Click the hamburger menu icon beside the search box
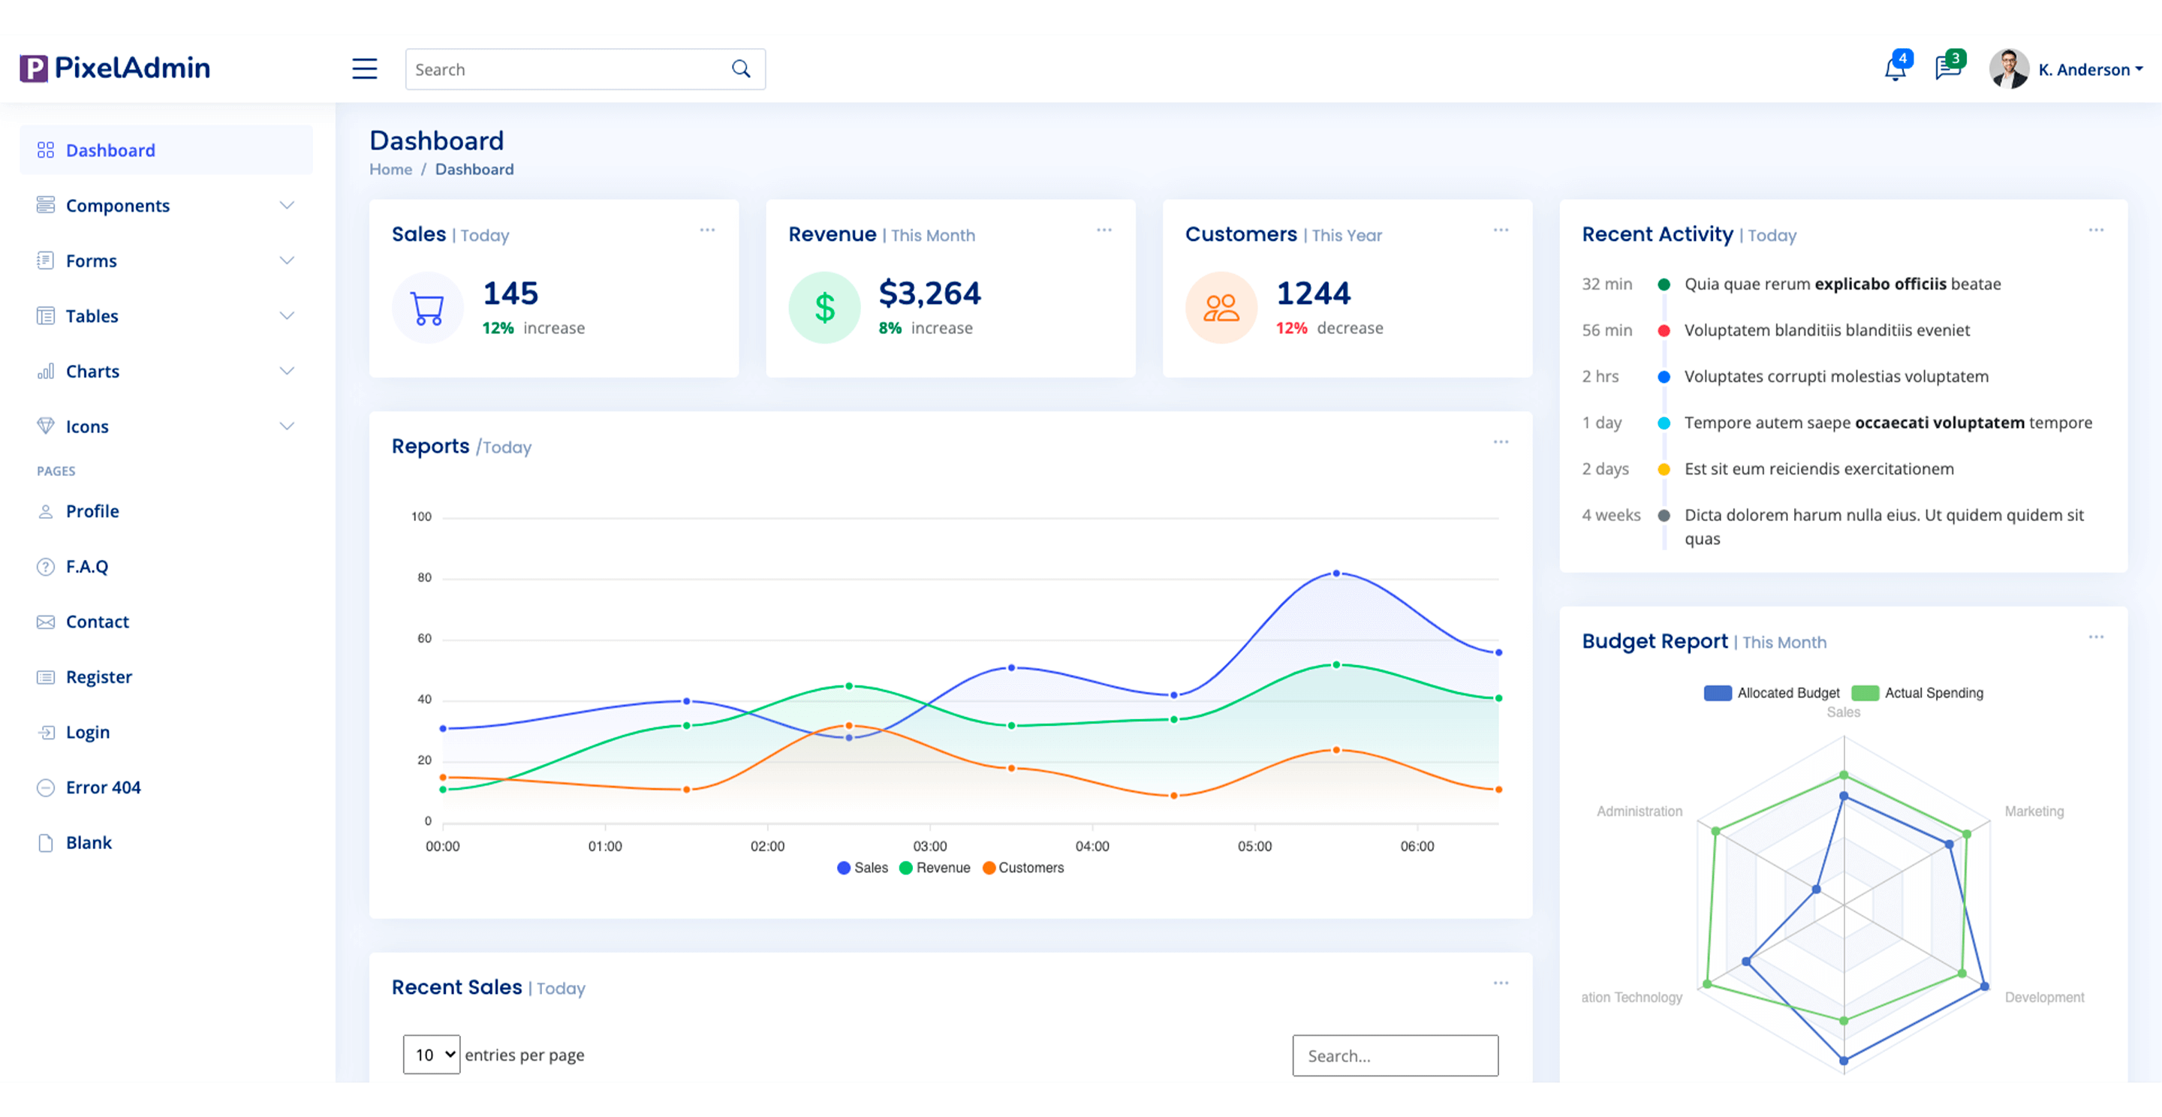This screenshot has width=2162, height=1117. coord(364,69)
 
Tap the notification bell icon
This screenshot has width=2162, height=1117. coord(1894,69)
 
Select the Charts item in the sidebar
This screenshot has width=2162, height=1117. coord(92,371)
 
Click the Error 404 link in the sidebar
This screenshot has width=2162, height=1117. coord(104,787)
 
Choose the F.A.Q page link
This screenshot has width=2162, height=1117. coord(87,567)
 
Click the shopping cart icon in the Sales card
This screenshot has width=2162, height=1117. coord(427,308)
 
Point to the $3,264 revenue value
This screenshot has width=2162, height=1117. coord(929,293)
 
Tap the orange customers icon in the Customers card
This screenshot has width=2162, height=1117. coord(1221,308)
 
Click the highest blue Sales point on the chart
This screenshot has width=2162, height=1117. coord(1336,574)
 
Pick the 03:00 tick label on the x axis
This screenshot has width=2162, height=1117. coord(930,846)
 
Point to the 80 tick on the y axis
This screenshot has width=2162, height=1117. coord(425,577)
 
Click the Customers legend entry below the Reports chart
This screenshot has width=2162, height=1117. coord(1023,868)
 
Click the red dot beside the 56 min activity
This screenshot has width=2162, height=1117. coord(1664,330)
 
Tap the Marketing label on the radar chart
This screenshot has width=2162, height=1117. coord(2034,811)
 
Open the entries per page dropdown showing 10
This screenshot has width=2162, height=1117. coord(432,1055)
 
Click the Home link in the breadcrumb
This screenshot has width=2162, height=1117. coord(390,170)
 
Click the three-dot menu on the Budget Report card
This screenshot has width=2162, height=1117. coord(2096,637)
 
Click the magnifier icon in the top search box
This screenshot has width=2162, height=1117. coord(740,69)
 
